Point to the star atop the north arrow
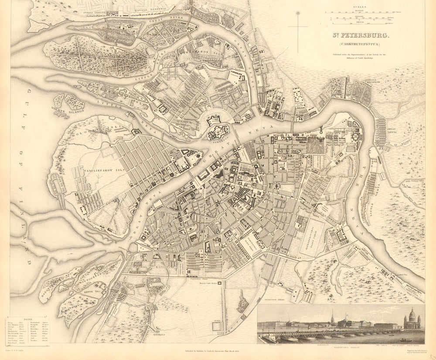[x=299, y=14]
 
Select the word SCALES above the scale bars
[x=360, y=6]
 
